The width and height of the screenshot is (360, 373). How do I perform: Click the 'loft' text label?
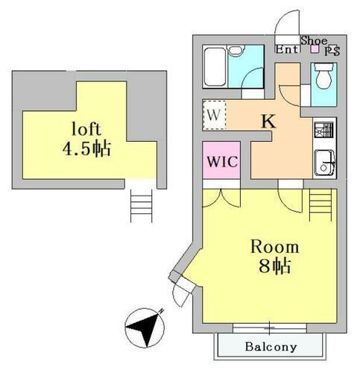pos(86,129)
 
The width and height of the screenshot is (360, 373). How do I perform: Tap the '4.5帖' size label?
pos(86,148)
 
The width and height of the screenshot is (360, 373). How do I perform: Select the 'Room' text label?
pos(274,247)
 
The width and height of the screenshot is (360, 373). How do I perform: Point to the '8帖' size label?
pos(274,266)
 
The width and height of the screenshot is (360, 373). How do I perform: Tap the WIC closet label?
pos(222,162)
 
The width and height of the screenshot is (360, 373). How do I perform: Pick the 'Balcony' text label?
pos(271,346)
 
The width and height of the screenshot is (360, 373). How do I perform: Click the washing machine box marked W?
pos(215,115)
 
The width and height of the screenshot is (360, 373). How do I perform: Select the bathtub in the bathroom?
pos(215,67)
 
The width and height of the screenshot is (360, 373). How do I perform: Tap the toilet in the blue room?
pos(323,75)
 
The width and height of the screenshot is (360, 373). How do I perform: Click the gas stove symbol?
pos(323,130)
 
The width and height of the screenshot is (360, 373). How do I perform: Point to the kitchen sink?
pos(324,163)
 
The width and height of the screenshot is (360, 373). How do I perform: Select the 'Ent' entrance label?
pos(286,49)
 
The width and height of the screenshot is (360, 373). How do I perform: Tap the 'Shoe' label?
pos(314,40)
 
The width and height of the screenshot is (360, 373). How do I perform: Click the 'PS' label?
pos(332,51)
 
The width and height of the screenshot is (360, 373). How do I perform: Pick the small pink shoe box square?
pos(315,49)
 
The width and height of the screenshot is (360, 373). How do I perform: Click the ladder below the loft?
pos(142,205)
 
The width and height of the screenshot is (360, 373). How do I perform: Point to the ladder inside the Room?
pos(320,204)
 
